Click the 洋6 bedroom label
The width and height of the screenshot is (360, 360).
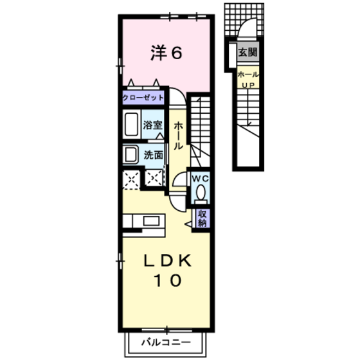[166, 53]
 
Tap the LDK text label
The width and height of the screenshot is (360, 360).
[168, 260]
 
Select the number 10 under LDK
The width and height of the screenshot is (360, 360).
[168, 280]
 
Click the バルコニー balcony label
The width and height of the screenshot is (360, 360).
[166, 343]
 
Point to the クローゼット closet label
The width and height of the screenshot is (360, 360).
[143, 98]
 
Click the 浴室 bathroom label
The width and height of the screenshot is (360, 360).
[153, 125]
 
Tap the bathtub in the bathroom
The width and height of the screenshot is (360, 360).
[131, 124]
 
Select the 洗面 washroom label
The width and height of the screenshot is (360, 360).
[154, 155]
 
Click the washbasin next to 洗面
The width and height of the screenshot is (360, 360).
[130, 154]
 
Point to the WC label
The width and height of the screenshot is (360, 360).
[201, 179]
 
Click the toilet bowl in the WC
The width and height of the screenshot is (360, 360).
[201, 193]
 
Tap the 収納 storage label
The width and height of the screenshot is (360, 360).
[203, 219]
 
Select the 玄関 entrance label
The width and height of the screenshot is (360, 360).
[248, 52]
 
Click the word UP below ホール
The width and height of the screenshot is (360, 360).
[249, 85]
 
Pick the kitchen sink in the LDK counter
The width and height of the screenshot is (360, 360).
[151, 221]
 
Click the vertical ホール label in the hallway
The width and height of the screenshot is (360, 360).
[179, 136]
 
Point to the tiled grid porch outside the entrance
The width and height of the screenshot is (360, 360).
[244, 19]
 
